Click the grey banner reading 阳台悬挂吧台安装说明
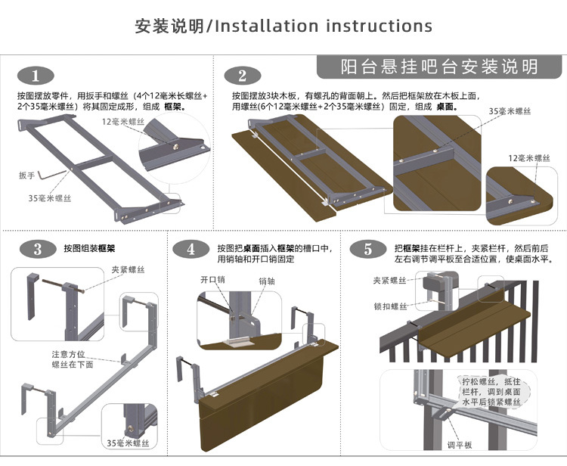click(439, 67)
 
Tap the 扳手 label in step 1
click(27, 175)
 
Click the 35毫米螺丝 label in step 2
click(509, 111)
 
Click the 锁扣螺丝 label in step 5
click(390, 306)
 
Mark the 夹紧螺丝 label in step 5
click(390, 280)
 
